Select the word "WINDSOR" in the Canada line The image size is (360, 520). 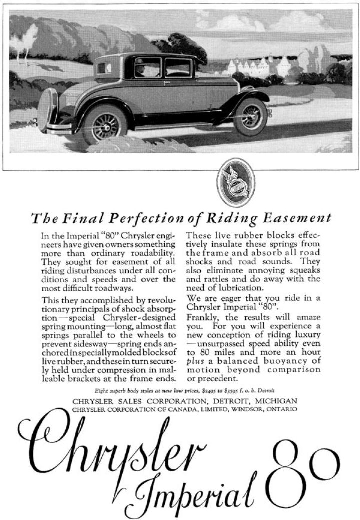click(247, 409)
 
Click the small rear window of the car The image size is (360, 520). click(105, 68)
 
